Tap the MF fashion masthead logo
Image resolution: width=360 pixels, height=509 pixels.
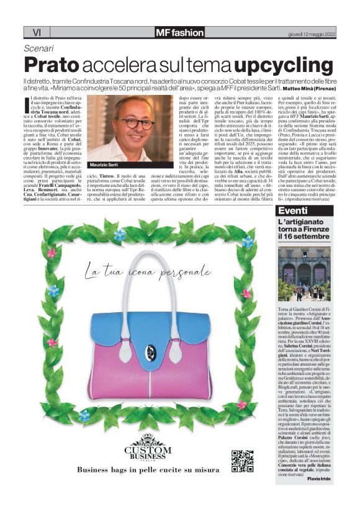tap(179, 32)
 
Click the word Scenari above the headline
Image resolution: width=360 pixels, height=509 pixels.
tap(38, 48)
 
